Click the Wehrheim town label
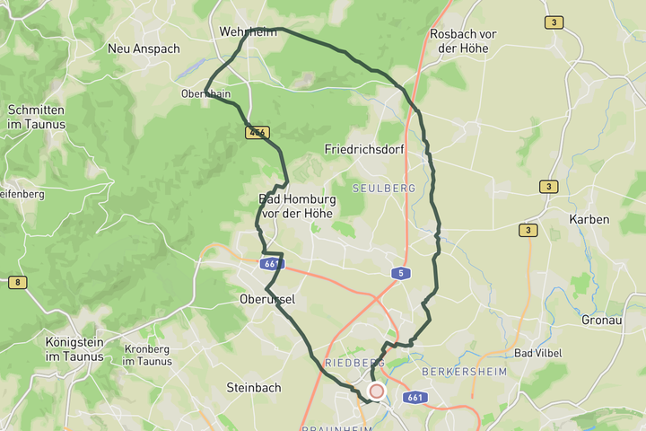tap(248, 31)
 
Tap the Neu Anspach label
tap(144, 48)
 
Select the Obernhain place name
tap(205, 92)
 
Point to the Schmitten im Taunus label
tap(36, 117)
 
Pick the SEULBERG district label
tap(384, 189)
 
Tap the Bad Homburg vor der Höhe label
tap(296, 206)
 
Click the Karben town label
tap(589, 219)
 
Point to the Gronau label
tap(601, 320)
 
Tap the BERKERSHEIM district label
tap(464, 372)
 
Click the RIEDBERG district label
tap(353, 363)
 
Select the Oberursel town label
tap(267, 298)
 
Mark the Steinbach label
tap(254, 388)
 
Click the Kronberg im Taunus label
tap(147, 355)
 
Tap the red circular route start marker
tap(377, 391)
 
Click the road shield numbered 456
tap(258, 132)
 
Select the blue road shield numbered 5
tap(397, 272)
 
